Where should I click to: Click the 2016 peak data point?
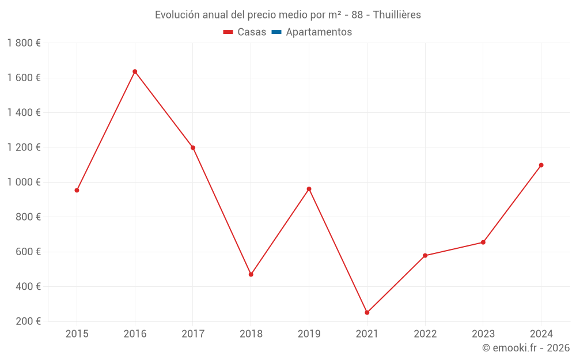pyautogui.click(x=135, y=71)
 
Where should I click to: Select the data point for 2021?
pyautogui.click(x=367, y=312)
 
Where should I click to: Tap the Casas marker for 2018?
pyautogui.click(x=251, y=274)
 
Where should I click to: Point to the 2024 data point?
pyautogui.click(x=541, y=165)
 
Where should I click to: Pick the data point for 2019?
pyautogui.click(x=309, y=189)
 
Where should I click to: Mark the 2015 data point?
pyautogui.click(x=77, y=190)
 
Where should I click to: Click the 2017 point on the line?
pyautogui.click(x=193, y=147)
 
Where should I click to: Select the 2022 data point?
pyautogui.click(x=425, y=255)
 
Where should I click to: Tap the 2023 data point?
pyautogui.click(x=483, y=242)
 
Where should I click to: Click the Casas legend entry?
pyautogui.click(x=245, y=32)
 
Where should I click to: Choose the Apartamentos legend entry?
pyautogui.click(x=312, y=32)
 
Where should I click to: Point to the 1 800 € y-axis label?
pyautogui.click(x=24, y=43)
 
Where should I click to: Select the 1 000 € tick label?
pyautogui.click(x=24, y=182)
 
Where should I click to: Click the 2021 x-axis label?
pyautogui.click(x=367, y=334)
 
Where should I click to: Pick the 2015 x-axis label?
pyautogui.click(x=77, y=334)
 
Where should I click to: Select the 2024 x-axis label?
pyautogui.click(x=541, y=334)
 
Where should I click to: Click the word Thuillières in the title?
pyautogui.click(x=397, y=15)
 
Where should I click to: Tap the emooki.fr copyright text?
pyautogui.click(x=526, y=348)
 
